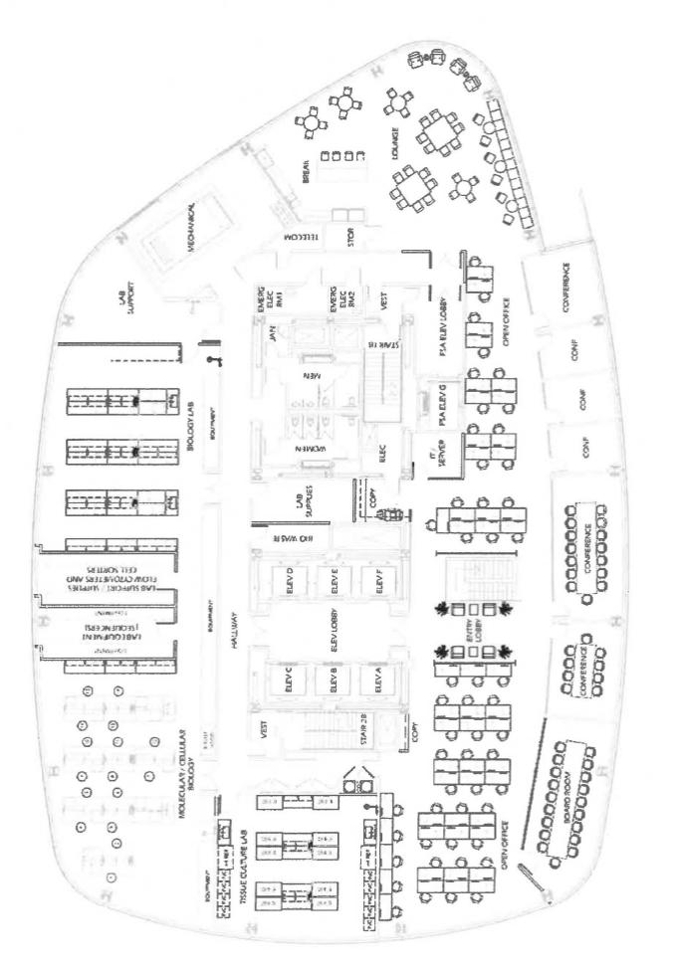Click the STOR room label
(x=349, y=239)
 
